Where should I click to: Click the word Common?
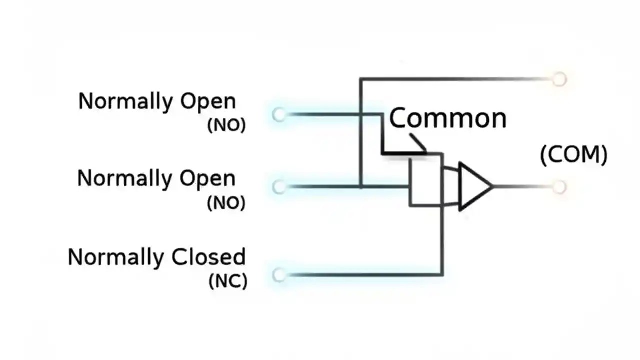(x=447, y=119)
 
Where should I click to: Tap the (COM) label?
(x=574, y=155)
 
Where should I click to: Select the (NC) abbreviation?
(x=227, y=281)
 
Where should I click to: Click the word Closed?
(x=208, y=257)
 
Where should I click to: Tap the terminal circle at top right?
(x=559, y=79)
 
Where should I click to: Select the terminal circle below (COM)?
(x=559, y=187)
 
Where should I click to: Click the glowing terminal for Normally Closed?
(x=279, y=275)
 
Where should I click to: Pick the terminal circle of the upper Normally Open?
(x=279, y=115)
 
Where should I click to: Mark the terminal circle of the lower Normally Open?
(x=279, y=187)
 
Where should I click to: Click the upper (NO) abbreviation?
(x=226, y=125)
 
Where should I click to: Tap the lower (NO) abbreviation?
(x=226, y=203)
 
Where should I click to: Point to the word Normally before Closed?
(x=115, y=257)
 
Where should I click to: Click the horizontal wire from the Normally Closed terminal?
(x=360, y=275)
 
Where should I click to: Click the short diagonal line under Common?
(x=418, y=142)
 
